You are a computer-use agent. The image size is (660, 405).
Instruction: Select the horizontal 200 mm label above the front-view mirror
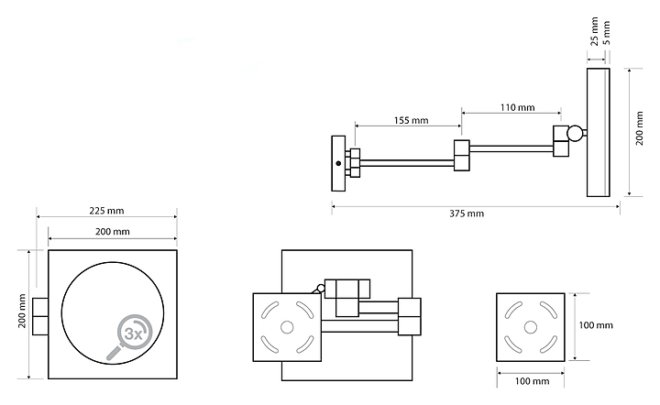[x=112, y=232]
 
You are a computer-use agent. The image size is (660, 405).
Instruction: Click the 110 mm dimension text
[x=517, y=108]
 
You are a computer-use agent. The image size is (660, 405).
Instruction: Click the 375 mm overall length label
[x=467, y=214]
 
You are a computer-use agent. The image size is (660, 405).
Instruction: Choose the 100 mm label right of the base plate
[x=596, y=326]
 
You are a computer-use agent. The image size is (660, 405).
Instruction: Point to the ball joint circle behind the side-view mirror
[x=576, y=135]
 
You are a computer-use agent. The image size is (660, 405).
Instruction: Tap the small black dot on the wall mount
[x=338, y=163]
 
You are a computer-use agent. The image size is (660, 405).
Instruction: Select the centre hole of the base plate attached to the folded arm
[x=285, y=326]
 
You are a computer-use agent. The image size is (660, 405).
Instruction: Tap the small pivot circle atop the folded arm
[x=321, y=290]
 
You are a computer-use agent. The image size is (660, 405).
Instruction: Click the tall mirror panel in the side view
[x=598, y=131]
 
